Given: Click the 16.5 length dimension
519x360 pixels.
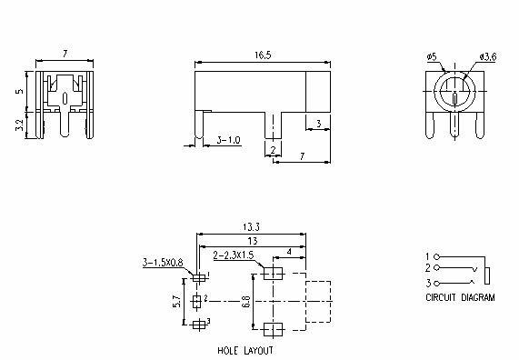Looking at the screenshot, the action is click(x=263, y=55).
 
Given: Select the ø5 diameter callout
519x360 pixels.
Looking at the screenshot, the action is click(x=432, y=57).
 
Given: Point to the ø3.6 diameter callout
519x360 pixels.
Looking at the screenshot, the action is click(x=488, y=57).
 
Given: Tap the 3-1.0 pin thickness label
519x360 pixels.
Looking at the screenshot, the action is click(x=228, y=140).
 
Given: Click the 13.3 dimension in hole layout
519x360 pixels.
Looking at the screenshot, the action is click(x=252, y=227).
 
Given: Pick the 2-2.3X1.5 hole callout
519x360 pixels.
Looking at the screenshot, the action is click(x=234, y=255).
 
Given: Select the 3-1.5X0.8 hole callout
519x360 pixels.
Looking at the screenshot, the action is click(x=163, y=263).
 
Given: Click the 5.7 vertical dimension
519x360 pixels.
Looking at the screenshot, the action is click(x=177, y=302).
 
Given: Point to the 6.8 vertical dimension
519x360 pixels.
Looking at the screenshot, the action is click(x=246, y=302).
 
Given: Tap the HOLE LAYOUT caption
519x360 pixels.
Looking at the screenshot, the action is click(x=245, y=350).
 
